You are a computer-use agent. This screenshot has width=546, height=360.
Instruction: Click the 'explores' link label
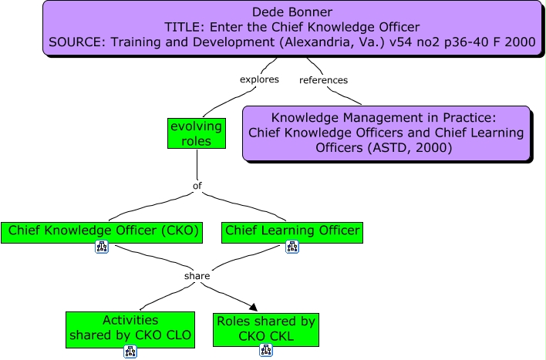[259, 79]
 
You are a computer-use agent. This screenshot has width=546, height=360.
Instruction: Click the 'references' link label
[323, 80]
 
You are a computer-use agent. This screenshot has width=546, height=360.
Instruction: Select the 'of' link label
[197, 186]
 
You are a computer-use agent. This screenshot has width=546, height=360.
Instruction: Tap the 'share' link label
[197, 276]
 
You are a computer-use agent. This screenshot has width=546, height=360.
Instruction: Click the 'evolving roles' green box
[197, 133]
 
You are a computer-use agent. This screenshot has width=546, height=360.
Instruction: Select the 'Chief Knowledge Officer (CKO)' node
[102, 233]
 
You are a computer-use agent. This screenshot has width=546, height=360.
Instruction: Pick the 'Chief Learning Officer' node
[292, 233]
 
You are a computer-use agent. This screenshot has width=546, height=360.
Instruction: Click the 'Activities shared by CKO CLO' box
[130, 330]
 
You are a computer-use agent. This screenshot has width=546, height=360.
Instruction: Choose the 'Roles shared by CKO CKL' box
[266, 330]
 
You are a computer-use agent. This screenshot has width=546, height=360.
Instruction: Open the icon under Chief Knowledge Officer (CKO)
[102, 247]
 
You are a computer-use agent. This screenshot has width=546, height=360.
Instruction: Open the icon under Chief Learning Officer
[292, 247]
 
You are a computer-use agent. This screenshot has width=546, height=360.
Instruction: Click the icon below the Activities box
[130, 352]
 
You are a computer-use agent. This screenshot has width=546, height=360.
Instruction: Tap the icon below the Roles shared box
[266, 350]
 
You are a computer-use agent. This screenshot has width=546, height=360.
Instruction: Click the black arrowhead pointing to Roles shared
[254, 307]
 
